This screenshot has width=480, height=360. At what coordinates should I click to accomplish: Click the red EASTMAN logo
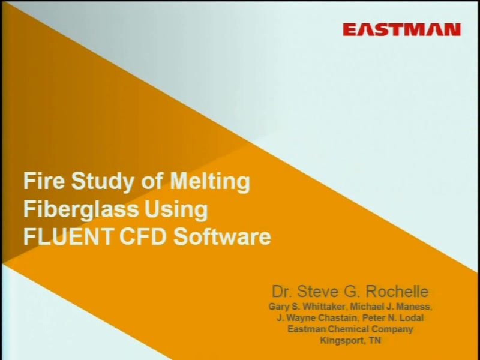tap(401, 30)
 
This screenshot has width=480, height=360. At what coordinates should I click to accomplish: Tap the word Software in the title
tap(222, 236)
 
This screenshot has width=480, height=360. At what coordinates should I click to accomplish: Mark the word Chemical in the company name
tap(348, 329)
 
